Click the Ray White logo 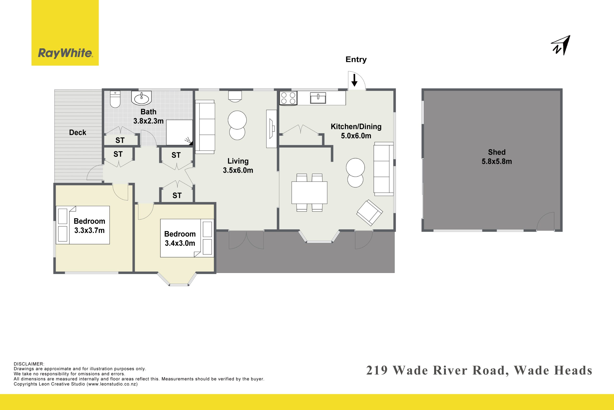(x=65, y=33)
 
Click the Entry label (x=356, y=60)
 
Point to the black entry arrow (x=354, y=80)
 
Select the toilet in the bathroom (x=115, y=99)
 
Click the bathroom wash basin (x=142, y=98)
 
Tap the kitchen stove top (x=288, y=98)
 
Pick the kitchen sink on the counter (x=318, y=98)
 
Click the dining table (x=309, y=192)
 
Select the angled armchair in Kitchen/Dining (x=370, y=213)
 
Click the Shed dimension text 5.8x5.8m (x=496, y=161)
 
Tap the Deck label (x=77, y=133)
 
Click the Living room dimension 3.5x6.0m (x=238, y=170)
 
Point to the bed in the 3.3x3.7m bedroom (x=83, y=225)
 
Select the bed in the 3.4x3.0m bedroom (x=187, y=238)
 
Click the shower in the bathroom (x=179, y=133)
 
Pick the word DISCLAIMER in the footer (x=29, y=364)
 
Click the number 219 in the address (x=377, y=371)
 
